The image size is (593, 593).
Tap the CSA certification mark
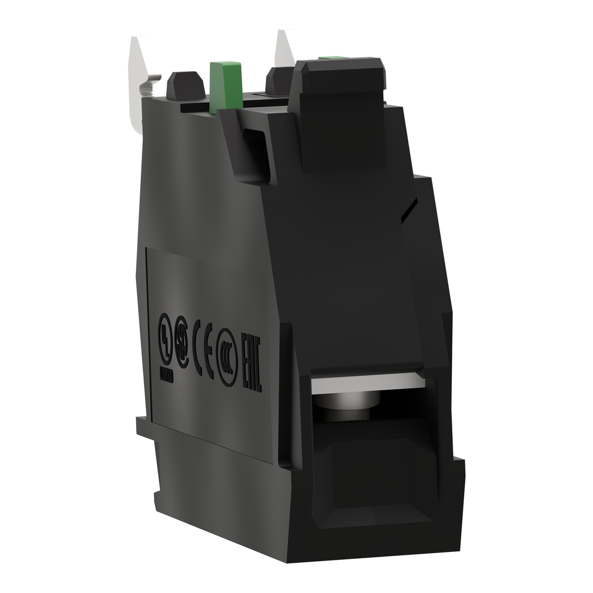(x=182, y=348)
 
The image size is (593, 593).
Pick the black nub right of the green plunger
(x=278, y=81)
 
